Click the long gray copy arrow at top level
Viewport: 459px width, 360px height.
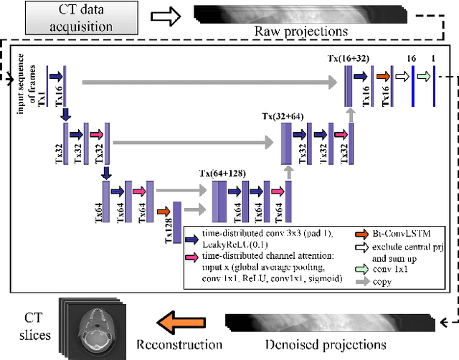point(208,84)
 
